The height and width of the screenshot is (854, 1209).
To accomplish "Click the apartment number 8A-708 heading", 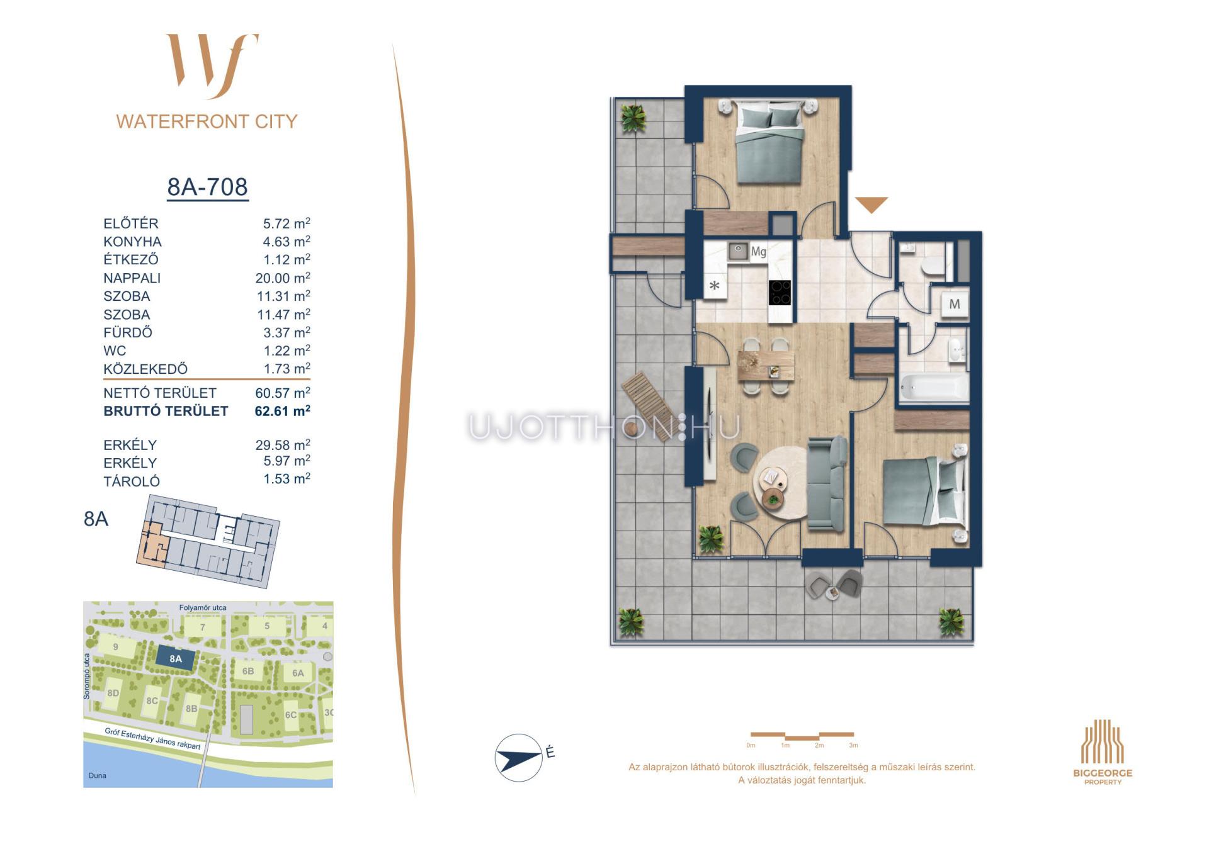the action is click(207, 187).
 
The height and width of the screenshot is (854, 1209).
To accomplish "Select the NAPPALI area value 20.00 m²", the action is click(283, 278).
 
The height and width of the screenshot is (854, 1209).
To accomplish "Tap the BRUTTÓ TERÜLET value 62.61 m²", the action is click(282, 411).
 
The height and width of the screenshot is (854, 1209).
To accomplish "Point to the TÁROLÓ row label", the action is click(132, 481).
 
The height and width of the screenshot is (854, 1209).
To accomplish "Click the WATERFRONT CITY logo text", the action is click(207, 121).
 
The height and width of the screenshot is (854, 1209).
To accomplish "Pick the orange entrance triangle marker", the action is click(871, 205).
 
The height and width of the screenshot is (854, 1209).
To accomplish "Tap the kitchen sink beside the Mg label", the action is click(738, 252).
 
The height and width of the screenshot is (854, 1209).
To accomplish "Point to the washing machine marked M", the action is click(955, 305).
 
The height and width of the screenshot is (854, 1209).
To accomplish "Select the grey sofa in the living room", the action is click(827, 483).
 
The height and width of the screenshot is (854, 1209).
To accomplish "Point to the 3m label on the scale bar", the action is click(853, 745).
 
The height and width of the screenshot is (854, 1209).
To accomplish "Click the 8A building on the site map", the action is click(176, 659).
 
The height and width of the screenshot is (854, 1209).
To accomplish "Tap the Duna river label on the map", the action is click(98, 775).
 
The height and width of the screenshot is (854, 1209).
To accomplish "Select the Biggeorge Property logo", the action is click(1103, 752).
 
